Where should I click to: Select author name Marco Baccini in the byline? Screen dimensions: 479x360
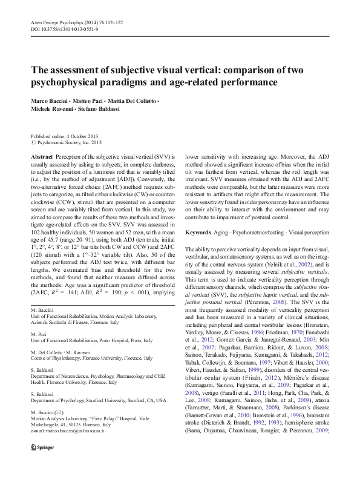50,99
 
